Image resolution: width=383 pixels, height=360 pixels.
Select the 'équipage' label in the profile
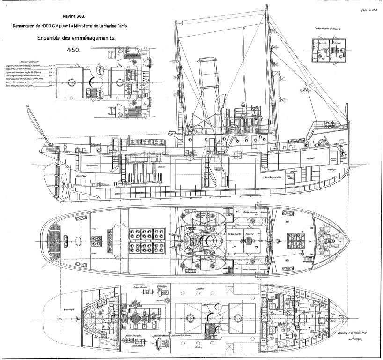click(x=309, y=158)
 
